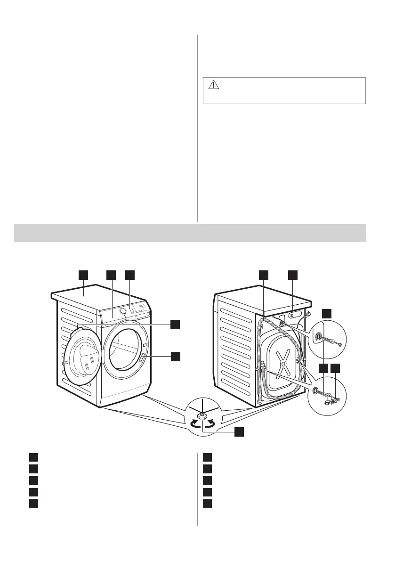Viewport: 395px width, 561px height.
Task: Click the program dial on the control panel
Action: (x=124, y=311)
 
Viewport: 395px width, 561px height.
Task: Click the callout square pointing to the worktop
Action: (x=83, y=275)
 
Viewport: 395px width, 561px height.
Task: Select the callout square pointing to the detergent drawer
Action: (x=111, y=275)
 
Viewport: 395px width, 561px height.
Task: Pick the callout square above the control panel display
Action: (x=130, y=275)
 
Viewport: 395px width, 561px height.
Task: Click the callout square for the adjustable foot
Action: (x=240, y=431)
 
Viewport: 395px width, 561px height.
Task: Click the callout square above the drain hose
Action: (x=264, y=275)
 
